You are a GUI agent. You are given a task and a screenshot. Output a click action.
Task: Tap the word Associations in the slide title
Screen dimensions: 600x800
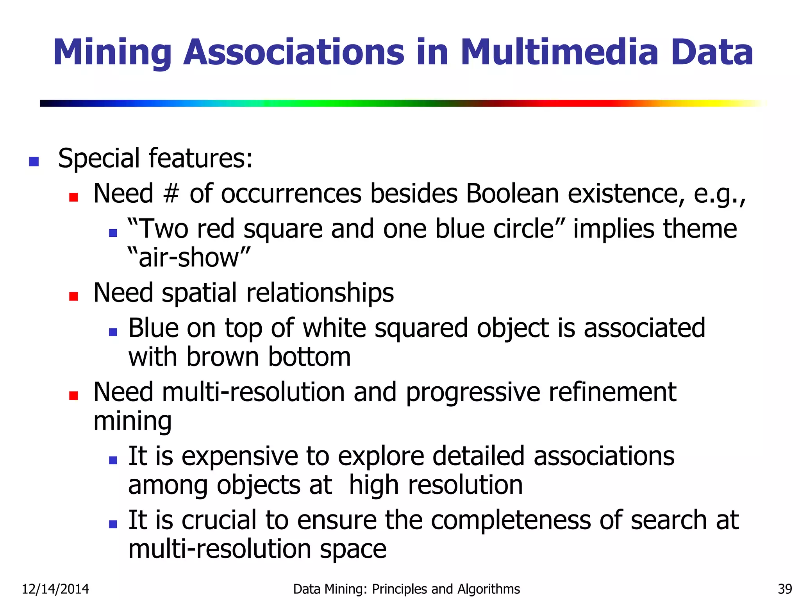(x=294, y=52)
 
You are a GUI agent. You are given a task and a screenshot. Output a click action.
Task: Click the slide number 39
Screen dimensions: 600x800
(x=785, y=589)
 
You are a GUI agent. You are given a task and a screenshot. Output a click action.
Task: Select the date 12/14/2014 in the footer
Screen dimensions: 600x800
(x=55, y=589)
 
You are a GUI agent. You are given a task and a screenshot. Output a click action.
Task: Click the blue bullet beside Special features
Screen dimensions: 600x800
(x=34, y=161)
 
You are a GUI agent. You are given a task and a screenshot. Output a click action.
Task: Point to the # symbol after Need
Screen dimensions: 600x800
(x=171, y=193)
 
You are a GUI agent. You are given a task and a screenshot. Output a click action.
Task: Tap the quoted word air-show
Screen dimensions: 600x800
(x=189, y=258)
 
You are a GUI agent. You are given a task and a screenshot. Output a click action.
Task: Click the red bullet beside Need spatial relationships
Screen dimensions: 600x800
(x=73, y=296)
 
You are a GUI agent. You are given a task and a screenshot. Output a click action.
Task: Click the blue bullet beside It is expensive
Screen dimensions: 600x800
(x=113, y=460)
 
